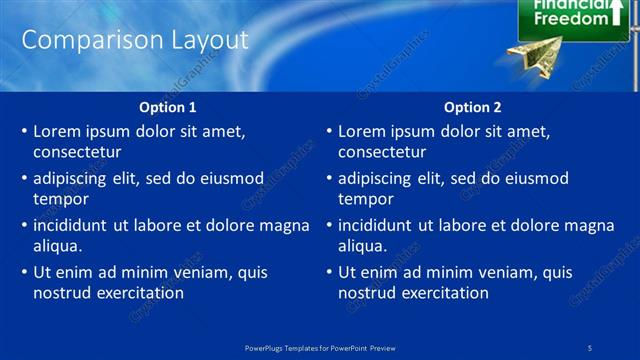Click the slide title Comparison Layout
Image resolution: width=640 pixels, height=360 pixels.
click(x=135, y=40)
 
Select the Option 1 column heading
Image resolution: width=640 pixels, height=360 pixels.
click(x=168, y=107)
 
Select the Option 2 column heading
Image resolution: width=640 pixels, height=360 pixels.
click(x=473, y=107)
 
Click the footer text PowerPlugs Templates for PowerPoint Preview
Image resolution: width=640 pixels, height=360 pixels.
click(x=320, y=347)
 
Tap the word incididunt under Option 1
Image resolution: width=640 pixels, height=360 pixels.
click(x=71, y=226)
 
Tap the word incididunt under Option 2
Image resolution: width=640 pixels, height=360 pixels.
click(x=376, y=226)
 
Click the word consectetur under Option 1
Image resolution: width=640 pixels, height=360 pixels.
click(x=77, y=152)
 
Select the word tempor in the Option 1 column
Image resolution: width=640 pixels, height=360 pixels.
click(x=61, y=199)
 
